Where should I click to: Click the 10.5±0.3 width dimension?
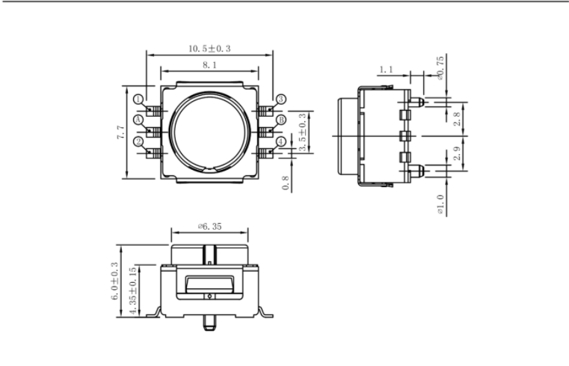209,49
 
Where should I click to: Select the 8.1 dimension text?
209,66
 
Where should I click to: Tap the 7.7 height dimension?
120,132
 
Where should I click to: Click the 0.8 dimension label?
286,183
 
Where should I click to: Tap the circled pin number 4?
281,141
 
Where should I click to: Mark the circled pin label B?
281,120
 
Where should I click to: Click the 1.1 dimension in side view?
386,70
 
